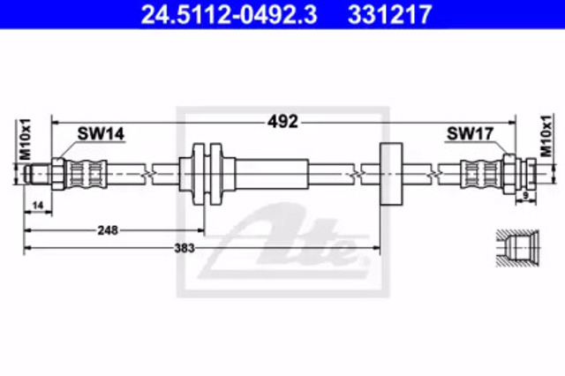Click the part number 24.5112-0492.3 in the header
230,14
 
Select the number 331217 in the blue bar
389,14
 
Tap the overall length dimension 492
282,122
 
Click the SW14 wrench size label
101,134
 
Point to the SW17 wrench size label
470,134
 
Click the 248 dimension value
108,230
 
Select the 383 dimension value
185,248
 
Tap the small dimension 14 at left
37,206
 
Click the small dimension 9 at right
525,196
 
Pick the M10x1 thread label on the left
26,139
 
